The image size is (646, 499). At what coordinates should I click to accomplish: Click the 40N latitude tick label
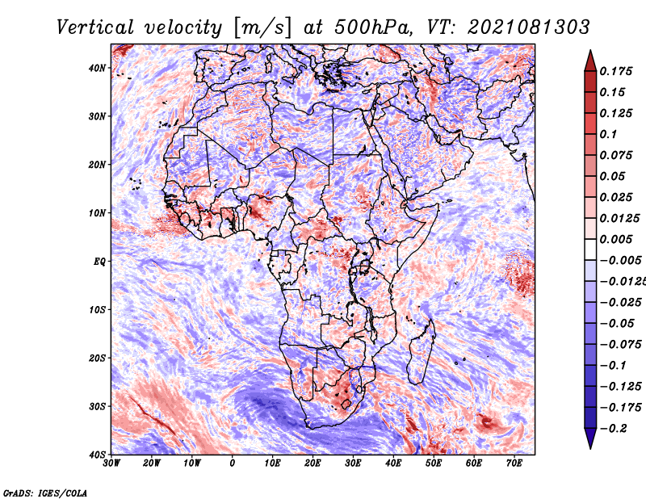(x=97, y=68)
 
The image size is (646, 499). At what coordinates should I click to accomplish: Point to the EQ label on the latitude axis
(x=99, y=262)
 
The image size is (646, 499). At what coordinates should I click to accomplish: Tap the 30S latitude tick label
(x=97, y=407)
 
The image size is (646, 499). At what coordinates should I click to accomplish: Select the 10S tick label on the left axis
(x=97, y=310)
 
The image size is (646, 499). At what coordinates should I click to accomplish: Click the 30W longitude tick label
(x=111, y=463)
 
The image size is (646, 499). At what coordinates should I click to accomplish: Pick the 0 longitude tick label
(x=233, y=463)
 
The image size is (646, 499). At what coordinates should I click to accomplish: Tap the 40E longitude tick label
(x=393, y=463)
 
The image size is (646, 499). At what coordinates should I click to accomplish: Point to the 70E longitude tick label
(x=514, y=463)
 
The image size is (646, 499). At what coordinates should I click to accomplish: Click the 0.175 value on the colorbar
(x=616, y=72)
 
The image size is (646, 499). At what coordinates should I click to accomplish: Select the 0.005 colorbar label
(x=616, y=239)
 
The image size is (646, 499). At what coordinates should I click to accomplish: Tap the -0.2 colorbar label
(x=614, y=429)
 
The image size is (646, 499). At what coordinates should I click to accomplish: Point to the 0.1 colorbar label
(x=609, y=134)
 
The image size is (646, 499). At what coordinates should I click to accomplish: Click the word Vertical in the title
(x=95, y=27)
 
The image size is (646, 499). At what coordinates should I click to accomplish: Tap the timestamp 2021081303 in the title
(x=529, y=27)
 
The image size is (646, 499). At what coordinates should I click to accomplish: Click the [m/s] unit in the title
(x=262, y=28)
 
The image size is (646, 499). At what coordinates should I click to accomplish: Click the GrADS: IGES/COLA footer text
(x=45, y=493)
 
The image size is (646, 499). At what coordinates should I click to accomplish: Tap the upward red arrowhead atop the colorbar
(x=590, y=61)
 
